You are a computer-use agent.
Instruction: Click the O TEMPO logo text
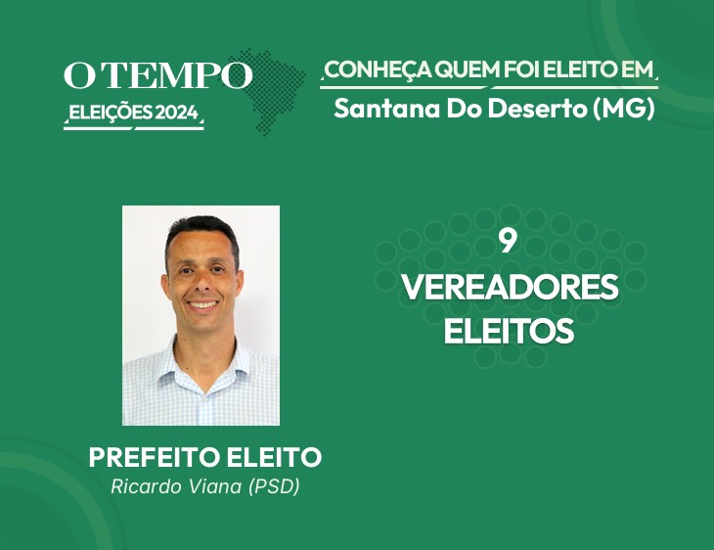tap(157, 75)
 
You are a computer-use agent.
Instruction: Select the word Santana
tap(387, 109)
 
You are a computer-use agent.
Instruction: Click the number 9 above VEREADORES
tap(508, 242)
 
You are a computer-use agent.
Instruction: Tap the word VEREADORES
tap(510, 287)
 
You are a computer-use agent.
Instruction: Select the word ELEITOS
tap(509, 331)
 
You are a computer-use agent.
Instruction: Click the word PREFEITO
tap(155, 457)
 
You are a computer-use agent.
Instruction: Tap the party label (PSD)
tap(274, 486)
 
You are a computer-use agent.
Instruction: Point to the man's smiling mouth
tap(202, 304)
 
